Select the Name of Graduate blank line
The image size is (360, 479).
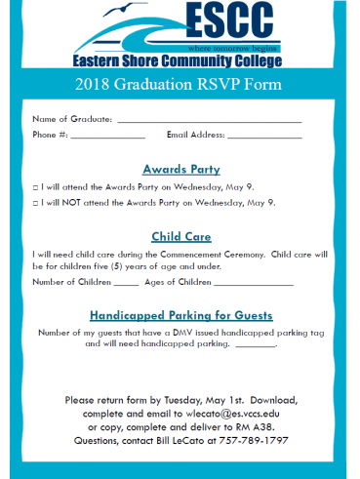pos(209,120)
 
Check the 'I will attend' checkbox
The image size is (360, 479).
pos(35,186)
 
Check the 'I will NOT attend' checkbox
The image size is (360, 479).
pos(35,203)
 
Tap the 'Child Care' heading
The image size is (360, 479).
pos(181,236)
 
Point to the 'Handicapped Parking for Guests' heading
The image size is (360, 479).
pos(181,316)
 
